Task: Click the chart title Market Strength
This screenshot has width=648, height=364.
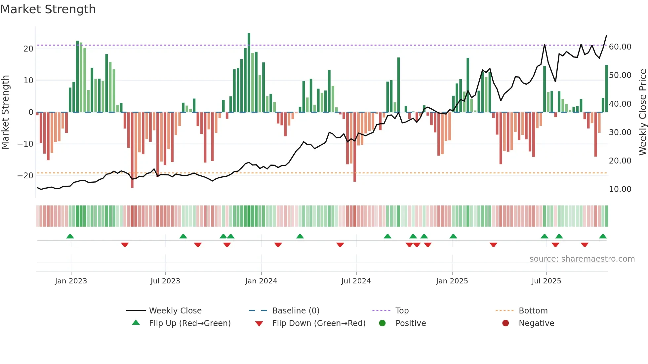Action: pyautogui.click(x=48, y=9)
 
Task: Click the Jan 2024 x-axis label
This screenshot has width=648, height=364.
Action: pyautogui.click(x=261, y=281)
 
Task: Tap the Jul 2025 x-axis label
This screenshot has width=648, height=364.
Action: pyautogui.click(x=546, y=281)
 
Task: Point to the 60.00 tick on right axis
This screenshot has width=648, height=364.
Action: pyautogui.click(x=620, y=47)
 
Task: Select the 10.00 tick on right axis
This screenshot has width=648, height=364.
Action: pyautogui.click(x=620, y=189)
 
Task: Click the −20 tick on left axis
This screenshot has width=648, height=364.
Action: pyautogui.click(x=25, y=176)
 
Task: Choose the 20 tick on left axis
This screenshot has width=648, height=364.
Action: pyautogui.click(x=28, y=49)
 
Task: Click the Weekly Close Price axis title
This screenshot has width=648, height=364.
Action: pyautogui.click(x=642, y=112)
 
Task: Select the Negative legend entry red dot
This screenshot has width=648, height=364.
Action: pyautogui.click(x=506, y=323)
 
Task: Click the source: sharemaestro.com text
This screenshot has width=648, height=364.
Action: pyautogui.click(x=582, y=259)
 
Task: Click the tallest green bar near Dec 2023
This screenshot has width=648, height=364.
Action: pyautogui.click(x=249, y=73)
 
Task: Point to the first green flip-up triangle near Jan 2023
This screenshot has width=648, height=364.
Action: pyautogui.click(x=70, y=237)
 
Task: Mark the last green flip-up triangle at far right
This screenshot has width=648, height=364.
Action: pyautogui.click(x=603, y=237)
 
